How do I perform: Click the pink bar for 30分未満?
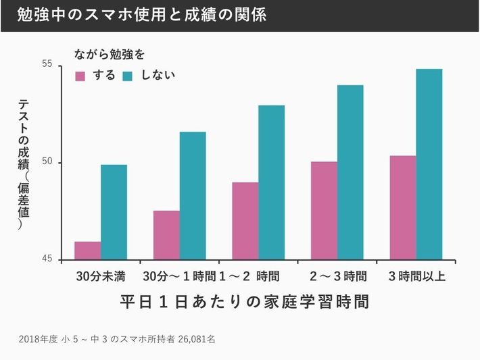[x=88, y=251]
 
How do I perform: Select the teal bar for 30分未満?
[x=114, y=212]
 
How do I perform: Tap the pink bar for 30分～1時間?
[x=166, y=235]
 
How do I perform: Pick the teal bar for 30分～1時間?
[x=193, y=196]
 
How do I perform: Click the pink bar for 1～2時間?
[x=245, y=221]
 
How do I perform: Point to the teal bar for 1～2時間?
[x=272, y=182]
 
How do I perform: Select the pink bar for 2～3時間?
[x=324, y=211]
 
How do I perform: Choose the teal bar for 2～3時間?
[x=350, y=172]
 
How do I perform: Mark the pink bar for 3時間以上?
[x=403, y=207]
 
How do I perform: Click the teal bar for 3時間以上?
[x=429, y=164]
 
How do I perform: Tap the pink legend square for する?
[x=80, y=76]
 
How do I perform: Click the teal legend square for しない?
[x=128, y=76]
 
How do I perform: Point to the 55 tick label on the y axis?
[x=47, y=64]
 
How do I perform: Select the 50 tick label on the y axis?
[x=47, y=163]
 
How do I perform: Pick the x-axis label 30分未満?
[x=101, y=276]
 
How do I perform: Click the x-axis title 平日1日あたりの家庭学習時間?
[x=245, y=301]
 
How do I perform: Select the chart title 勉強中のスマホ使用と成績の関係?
[x=142, y=16]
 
